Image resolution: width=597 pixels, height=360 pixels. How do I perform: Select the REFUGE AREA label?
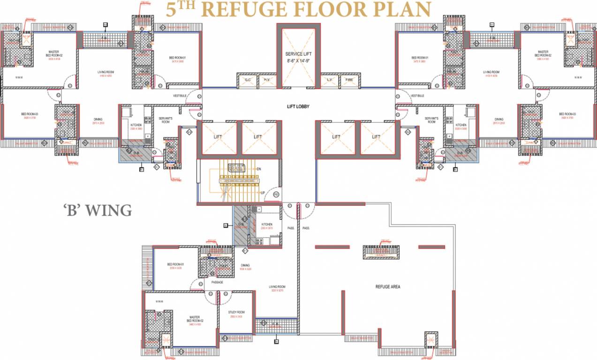[387, 286]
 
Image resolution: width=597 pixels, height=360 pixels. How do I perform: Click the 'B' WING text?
[98, 210]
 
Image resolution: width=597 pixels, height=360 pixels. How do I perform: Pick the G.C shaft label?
[247, 81]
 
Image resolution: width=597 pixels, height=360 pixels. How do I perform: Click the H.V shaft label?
[267, 81]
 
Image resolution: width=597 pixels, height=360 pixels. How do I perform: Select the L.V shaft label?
[330, 81]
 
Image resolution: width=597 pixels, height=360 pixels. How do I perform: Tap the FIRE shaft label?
[350, 81]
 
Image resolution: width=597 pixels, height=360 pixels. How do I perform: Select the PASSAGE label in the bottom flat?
[217, 283]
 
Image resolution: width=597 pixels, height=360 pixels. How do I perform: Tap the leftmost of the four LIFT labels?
[218, 137]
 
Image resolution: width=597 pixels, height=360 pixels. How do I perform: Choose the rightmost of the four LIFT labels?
[376, 137]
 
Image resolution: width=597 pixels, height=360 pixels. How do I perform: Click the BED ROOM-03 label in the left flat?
[29, 114]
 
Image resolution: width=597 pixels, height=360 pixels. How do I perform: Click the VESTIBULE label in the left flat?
[180, 96]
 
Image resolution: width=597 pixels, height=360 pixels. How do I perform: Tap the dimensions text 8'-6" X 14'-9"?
[299, 61]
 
